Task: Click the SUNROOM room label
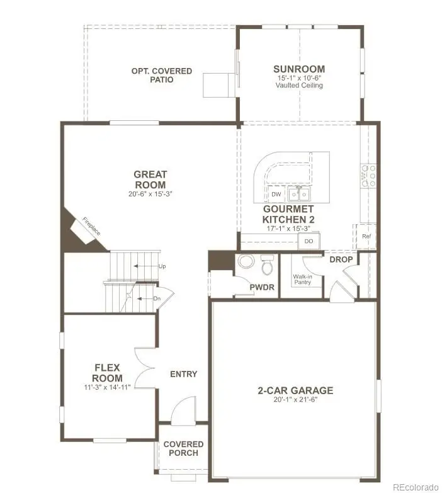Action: [x=299, y=69]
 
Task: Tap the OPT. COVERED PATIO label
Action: [x=162, y=76]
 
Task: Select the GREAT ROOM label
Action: [x=150, y=179]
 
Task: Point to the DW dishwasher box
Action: [x=275, y=195]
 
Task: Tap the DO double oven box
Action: [x=309, y=241]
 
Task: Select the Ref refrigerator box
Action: [x=366, y=236]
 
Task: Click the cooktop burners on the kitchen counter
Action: [x=367, y=176]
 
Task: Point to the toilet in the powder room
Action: [x=268, y=266]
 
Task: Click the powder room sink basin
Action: [x=245, y=261]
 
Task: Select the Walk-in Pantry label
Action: [x=302, y=279]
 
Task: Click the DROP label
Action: [x=341, y=259]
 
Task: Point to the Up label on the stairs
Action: [x=162, y=266]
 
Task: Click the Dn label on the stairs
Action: [x=157, y=298]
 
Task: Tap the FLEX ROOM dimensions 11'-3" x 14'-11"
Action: [x=108, y=387]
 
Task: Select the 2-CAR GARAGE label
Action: [x=295, y=390]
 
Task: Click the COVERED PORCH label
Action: [x=183, y=448]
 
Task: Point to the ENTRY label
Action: [x=184, y=374]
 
